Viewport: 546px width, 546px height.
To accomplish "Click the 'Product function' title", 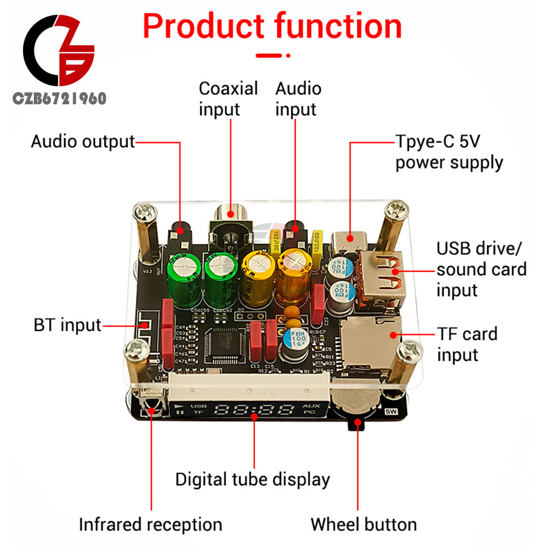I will (272, 26).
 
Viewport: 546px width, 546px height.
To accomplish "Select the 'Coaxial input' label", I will (228, 99).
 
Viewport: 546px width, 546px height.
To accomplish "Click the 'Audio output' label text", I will (82, 141).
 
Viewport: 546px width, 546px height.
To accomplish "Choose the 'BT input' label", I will (67, 325).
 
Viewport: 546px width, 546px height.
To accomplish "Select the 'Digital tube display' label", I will (252, 479).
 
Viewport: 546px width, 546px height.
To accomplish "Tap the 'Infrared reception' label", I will (151, 525).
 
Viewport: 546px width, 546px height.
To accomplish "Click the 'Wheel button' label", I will (364, 525).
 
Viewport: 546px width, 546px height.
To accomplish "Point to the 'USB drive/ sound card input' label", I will (481, 269).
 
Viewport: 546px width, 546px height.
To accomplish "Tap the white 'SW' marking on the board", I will (390, 412).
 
